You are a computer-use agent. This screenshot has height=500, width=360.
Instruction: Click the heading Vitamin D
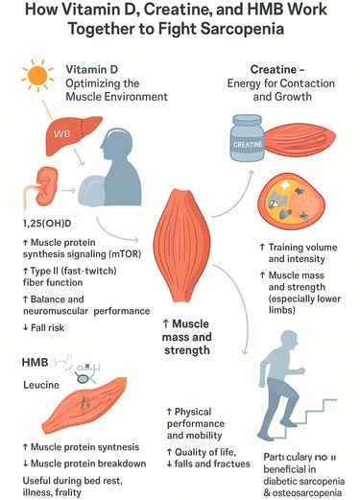tap(94, 70)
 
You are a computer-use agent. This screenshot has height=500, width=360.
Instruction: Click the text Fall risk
tap(43, 329)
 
